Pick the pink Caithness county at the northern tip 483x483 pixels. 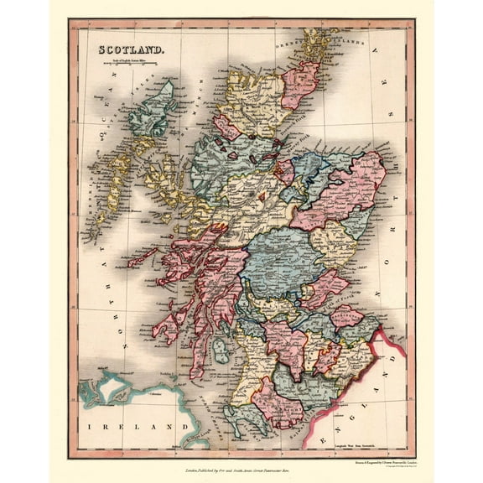pyautogui.click(x=301, y=82)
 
